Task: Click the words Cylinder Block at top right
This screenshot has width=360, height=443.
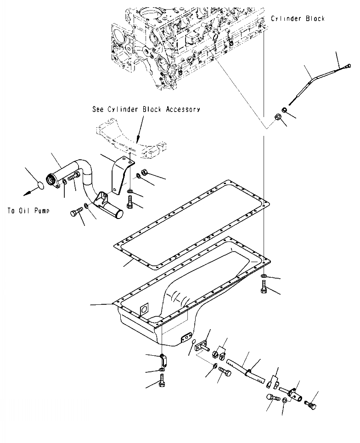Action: click(x=298, y=18)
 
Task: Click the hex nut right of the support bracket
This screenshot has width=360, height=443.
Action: click(x=143, y=173)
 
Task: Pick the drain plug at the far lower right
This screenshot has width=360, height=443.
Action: click(x=310, y=404)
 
